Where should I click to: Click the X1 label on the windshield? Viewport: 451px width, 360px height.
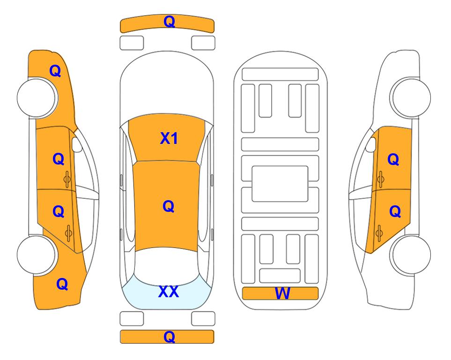pyautogui.click(x=169, y=138)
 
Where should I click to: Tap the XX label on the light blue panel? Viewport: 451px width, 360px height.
pyautogui.click(x=169, y=292)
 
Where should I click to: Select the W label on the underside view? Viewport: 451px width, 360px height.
pyautogui.click(x=282, y=293)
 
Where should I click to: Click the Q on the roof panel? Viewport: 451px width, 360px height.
pyautogui.click(x=169, y=206)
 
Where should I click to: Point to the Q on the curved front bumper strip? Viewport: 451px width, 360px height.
pyautogui.click(x=169, y=22)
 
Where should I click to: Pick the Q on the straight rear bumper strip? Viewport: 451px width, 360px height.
pyautogui.click(x=169, y=337)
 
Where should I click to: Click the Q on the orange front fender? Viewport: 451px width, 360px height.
pyautogui.click(x=55, y=71)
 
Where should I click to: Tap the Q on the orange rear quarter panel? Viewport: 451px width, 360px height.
pyautogui.click(x=62, y=284)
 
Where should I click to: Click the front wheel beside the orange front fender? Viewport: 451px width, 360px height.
pyautogui.click(x=37, y=98)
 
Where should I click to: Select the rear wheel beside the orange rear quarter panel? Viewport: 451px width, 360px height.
pyautogui.click(x=37, y=255)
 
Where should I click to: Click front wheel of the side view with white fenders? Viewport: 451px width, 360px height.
pyautogui.click(x=411, y=97)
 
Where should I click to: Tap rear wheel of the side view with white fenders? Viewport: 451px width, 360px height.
pyautogui.click(x=411, y=255)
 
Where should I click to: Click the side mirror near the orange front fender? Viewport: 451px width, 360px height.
pyautogui.click(x=77, y=144)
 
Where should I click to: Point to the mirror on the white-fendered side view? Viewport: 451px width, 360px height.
pyautogui.click(x=370, y=144)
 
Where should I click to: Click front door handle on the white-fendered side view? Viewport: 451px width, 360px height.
pyautogui.click(x=380, y=180)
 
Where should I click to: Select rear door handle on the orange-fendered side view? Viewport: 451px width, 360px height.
pyautogui.click(x=68, y=233)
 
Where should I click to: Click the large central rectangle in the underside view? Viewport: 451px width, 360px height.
pyautogui.click(x=280, y=184)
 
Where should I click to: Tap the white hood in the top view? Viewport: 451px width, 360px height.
pyautogui.click(x=167, y=83)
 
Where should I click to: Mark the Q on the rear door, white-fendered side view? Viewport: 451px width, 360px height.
pyautogui.click(x=395, y=212)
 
